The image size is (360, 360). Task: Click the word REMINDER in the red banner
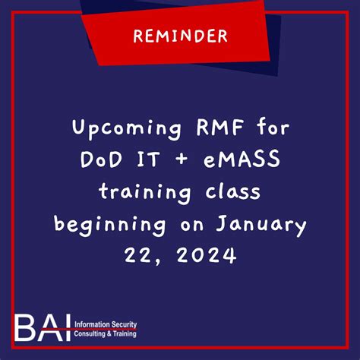179,36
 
